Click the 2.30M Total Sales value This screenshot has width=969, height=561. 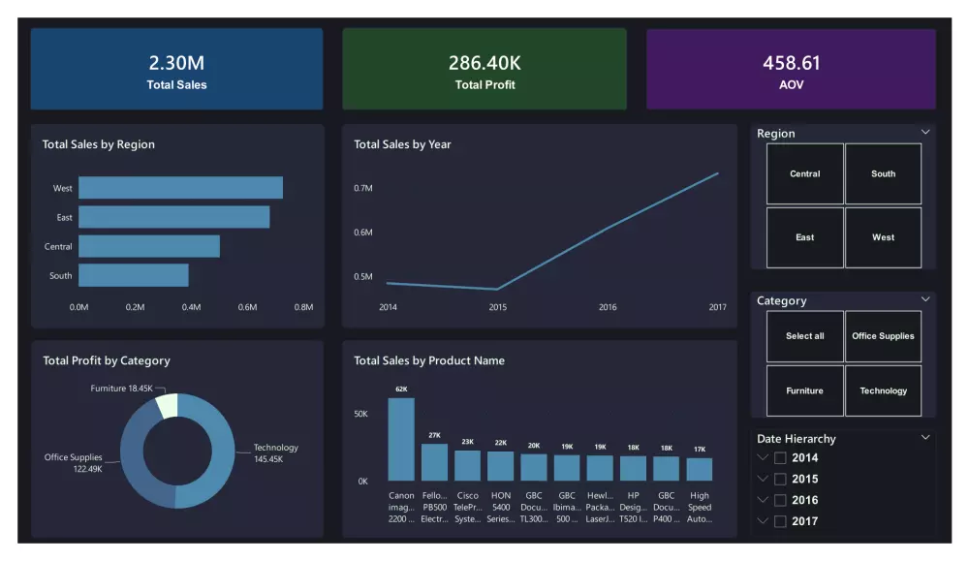tap(176, 63)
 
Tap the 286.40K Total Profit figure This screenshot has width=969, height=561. tap(484, 63)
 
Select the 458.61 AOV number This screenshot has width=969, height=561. tap(791, 63)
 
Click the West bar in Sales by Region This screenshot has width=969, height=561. tap(180, 188)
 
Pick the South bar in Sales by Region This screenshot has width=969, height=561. tap(134, 276)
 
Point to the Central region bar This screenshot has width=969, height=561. tap(149, 246)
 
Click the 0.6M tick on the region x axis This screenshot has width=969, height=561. tap(247, 307)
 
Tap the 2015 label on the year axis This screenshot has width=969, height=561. tap(497, 307)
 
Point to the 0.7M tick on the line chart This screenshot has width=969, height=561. tap(363, 188)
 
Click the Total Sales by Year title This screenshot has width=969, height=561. tap(402, 144)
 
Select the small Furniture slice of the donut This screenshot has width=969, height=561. tap(167, 405)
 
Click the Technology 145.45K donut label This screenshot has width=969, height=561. tap(276, 452)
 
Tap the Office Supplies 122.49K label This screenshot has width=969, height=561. tap(73, 463)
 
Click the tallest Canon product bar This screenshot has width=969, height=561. tap(401, 440)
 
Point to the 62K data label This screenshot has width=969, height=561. tap(401, 389)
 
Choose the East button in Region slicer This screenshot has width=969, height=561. tap(804, 237)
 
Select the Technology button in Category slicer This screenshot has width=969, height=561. tap(883, 391)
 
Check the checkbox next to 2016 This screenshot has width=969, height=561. tap(780, 500)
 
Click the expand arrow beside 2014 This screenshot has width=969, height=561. tap(764, 458)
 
